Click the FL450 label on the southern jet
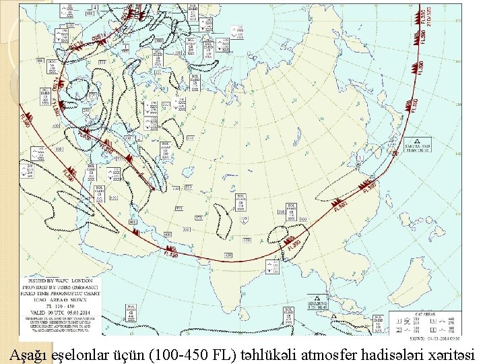(x=172, y=253)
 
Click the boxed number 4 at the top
(x=95, y=7)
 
